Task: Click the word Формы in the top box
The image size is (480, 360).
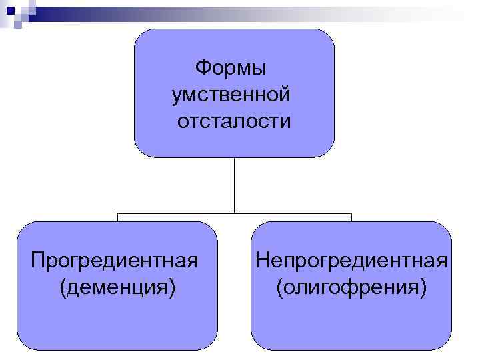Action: pyautogui.click(x=230, y=68)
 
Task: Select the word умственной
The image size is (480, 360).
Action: pyautogui.click(x=231, y=95)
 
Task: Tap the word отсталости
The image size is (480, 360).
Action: pyautogui.click(x=234, y=122)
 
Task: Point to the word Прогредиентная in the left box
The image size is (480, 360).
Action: pyautogui.click(x=115, y=259)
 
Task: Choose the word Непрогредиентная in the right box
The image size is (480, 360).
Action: pyautogui.click(x=351, y=259)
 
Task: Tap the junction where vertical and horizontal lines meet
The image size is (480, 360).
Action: pyautogui.click(x=235, y=214)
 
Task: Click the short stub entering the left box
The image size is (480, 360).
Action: pyautogui.click(x=118, y=218)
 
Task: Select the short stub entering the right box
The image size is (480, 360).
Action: pyautogui.click(x=351, y=218)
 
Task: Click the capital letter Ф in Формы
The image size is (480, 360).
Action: pyautogui.click(x=201, y=68)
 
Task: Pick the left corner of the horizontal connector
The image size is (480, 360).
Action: pyautogui.click(x=118, y=214)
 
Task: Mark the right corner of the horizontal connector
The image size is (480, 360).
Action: pyautogui.click(x=351, y=214)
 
